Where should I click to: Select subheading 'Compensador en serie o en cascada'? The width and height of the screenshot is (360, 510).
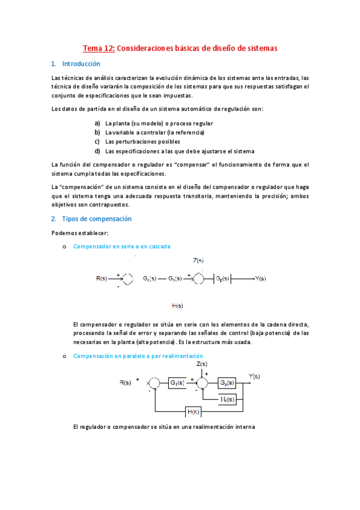coord(121,246)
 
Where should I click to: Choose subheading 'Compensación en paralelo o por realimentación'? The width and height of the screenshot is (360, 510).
coord(138,356)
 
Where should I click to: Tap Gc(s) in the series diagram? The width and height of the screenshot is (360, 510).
coord(150,278)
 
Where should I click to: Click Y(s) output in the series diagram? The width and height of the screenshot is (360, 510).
coord(260,278)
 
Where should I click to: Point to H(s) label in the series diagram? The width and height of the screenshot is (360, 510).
coord(177,306)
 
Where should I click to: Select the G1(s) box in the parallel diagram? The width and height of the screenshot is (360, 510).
coord(177,382)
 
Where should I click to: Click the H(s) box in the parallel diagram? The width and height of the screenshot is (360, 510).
coord(193,412)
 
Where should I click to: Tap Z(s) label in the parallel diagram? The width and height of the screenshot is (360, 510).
coord(202,364)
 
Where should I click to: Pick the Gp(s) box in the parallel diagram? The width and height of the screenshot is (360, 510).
coord(227,382)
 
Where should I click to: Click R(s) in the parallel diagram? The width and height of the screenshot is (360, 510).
coord(126,382)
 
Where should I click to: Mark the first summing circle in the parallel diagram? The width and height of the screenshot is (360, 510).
coord(153,383)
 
